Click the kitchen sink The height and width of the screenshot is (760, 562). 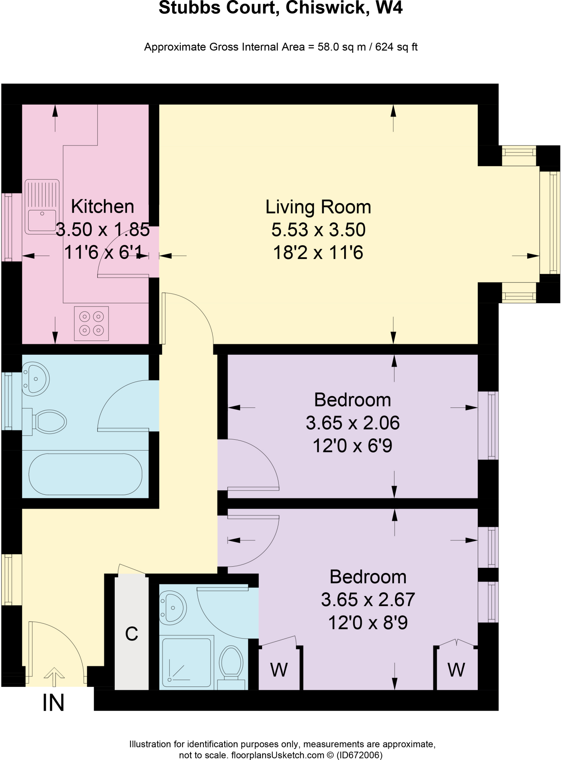click(x=42, y=207)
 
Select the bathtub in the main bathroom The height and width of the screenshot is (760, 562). click(x=85, y=474)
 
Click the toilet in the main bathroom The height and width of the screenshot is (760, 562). click(x=45, y=422)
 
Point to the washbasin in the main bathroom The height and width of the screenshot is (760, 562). click(x=36, y=379)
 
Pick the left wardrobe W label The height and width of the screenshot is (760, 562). click(x=279, y=669)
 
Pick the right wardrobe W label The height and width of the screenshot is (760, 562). click(x=456, y=669)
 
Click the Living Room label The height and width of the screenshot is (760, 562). click(x=318, y=207)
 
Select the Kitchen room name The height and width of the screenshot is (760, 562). click(x=102, y=206)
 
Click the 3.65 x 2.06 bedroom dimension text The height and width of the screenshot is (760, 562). click(x=353, y=423)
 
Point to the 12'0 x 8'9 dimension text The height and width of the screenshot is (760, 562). click(x=368, y=622)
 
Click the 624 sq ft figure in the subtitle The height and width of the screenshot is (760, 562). click(x=396, y=47)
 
